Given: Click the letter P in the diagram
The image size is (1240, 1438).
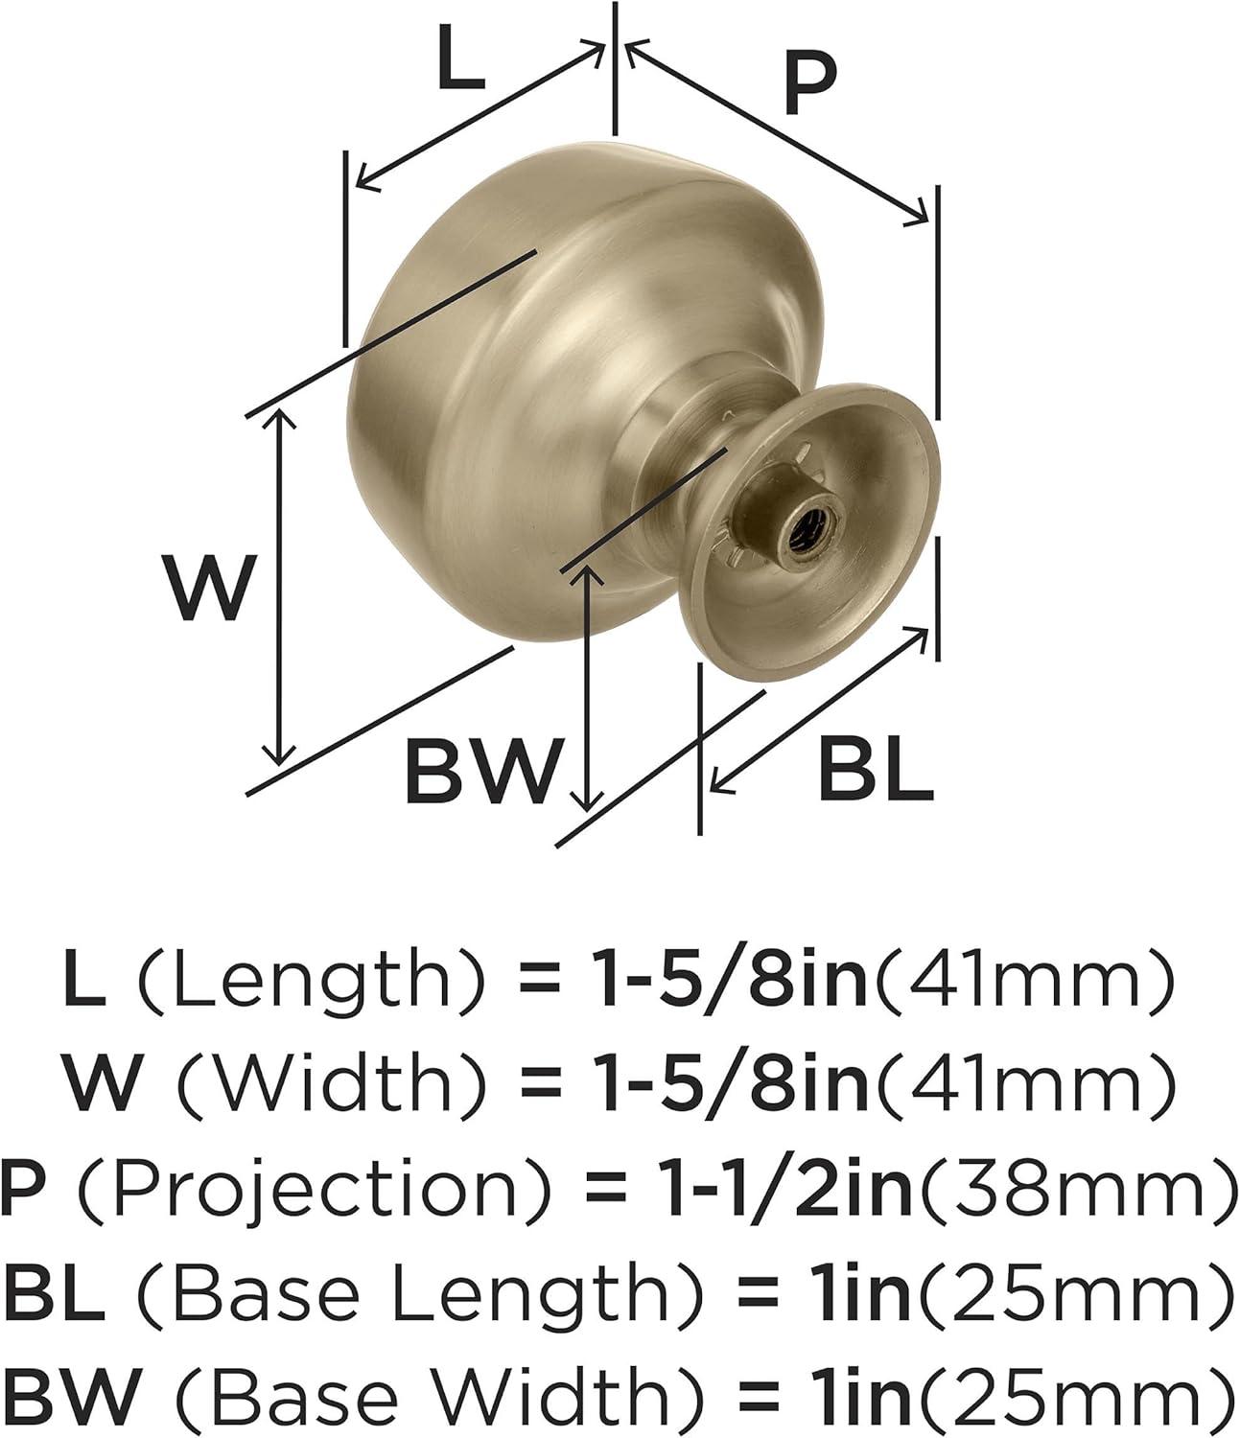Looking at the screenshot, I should [808, 84].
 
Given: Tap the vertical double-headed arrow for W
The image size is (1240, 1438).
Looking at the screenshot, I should [279, 585].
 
